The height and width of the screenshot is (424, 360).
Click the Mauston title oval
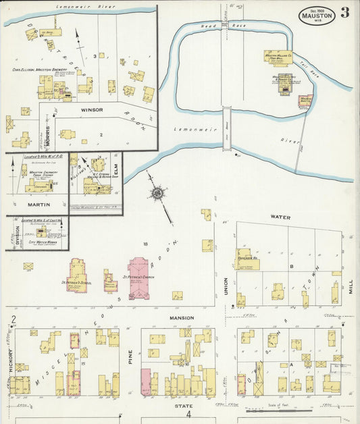coord(317,14)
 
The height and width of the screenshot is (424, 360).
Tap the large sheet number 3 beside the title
coord(345,13)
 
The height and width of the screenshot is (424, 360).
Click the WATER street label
coord(280,217)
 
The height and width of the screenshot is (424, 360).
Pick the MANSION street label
coord(181,317)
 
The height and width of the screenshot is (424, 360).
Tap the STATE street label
coord(184,406)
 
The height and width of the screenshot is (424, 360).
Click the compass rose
coord(158,194)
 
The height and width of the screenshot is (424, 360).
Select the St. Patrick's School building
coord(76,275)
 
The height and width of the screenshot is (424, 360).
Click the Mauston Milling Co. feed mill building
coord(278,57)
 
